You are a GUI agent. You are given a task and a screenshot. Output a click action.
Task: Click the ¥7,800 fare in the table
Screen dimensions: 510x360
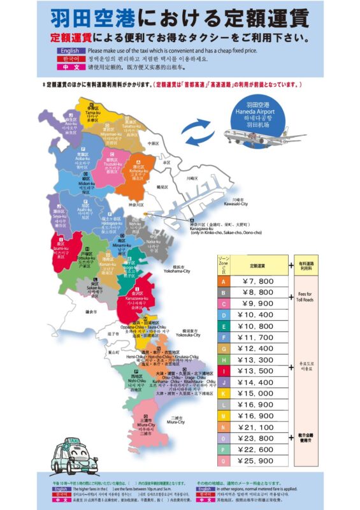257,280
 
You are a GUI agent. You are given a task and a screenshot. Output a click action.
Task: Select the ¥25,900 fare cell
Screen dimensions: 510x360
257,460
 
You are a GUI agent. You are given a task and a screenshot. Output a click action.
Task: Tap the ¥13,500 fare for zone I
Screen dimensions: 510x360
257,370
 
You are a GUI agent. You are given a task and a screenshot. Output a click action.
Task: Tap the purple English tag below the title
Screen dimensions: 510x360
71,50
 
